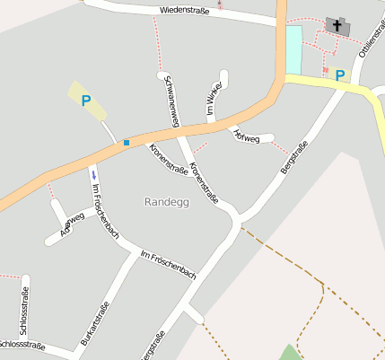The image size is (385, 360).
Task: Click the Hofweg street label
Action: (x=246, y=137)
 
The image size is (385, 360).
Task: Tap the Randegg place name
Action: (x=166, y=202)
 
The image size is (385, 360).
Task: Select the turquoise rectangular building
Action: (x=294, y=49)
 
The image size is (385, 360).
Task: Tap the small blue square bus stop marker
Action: (x=127, y=143)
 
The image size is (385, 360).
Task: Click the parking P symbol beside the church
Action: (x=340, y=75)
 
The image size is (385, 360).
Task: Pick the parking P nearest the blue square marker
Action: (x=85, y=101)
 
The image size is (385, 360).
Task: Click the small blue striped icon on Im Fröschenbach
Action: (x=93, y=173)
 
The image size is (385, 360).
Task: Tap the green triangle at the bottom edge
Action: (x=289, y=353)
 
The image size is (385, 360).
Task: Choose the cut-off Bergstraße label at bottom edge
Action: (x=152, y=348)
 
